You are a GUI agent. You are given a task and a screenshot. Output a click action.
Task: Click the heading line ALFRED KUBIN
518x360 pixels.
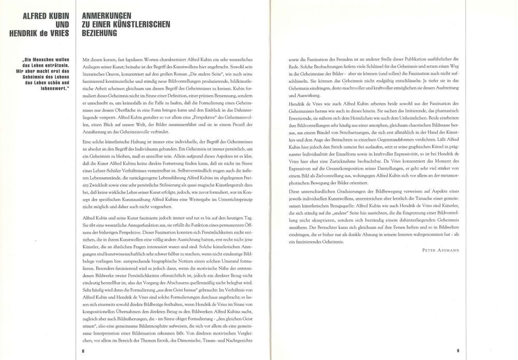click(44, 16)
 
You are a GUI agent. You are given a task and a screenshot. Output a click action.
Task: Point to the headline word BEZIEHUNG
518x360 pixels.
click(96, 33)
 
